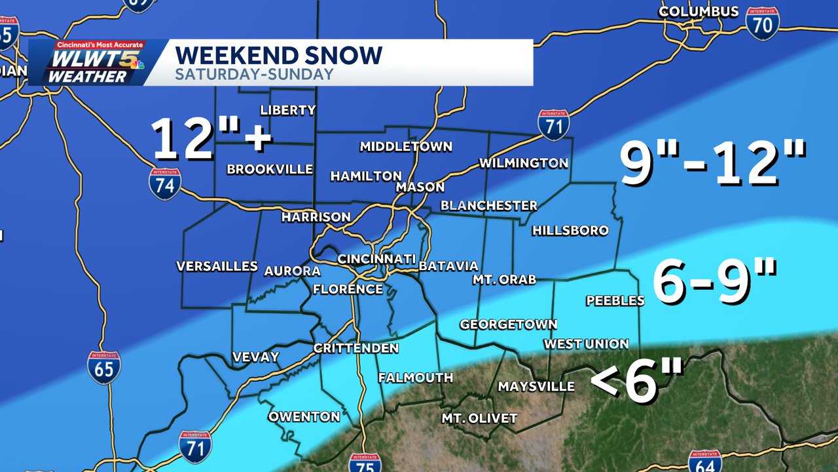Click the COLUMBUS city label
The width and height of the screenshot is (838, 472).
click(699, 12)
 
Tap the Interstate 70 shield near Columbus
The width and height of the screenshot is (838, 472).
click(762, 24)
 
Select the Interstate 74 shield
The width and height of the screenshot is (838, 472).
click(164, 184)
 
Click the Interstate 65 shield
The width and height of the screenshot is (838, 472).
click(103, 367)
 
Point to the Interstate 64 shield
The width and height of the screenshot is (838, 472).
click(704, 461)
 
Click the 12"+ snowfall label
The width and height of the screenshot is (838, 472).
click(211, 138)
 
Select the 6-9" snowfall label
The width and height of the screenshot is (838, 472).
click(714, 283)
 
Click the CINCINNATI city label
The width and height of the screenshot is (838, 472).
click(376, 259)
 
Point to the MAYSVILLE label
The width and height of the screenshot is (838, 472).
click(536, 387)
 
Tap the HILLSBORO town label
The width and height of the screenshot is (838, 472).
click(570, 231)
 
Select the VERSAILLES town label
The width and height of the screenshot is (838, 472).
click(217, 266)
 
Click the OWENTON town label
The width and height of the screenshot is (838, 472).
click(304, 416)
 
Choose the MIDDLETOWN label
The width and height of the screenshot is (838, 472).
click(405, 146)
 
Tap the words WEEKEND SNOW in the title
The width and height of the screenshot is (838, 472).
click(278, 55)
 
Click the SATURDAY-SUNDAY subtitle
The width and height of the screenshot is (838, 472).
click(254, 74)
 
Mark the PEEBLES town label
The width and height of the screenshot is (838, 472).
click(615, 301)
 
